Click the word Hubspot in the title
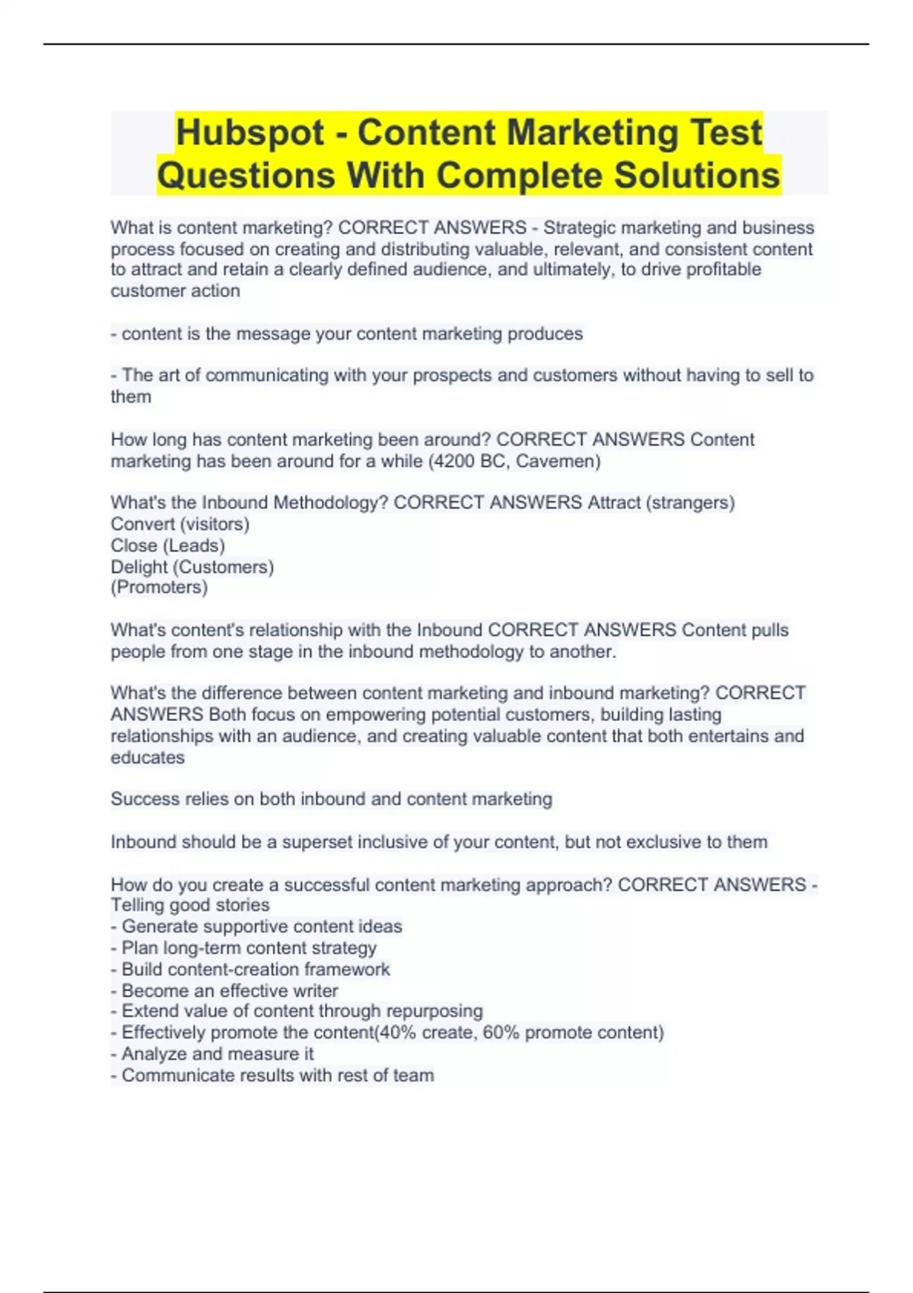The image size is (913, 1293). point(250,132)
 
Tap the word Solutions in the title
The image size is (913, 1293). point(697,175)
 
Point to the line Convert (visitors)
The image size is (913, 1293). point(180,524)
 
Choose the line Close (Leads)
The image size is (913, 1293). point(167,545)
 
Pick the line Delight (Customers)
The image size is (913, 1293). point(192,567)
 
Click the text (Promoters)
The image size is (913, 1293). point(159,587)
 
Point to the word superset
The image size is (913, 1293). point(317,842)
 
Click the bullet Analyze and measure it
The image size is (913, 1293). point(217,1054)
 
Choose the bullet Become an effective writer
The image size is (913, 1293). point(229,991)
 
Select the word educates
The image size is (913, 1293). point(148,758)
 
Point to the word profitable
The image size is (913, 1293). point(724,269)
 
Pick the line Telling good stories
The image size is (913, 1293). point(190,905)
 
